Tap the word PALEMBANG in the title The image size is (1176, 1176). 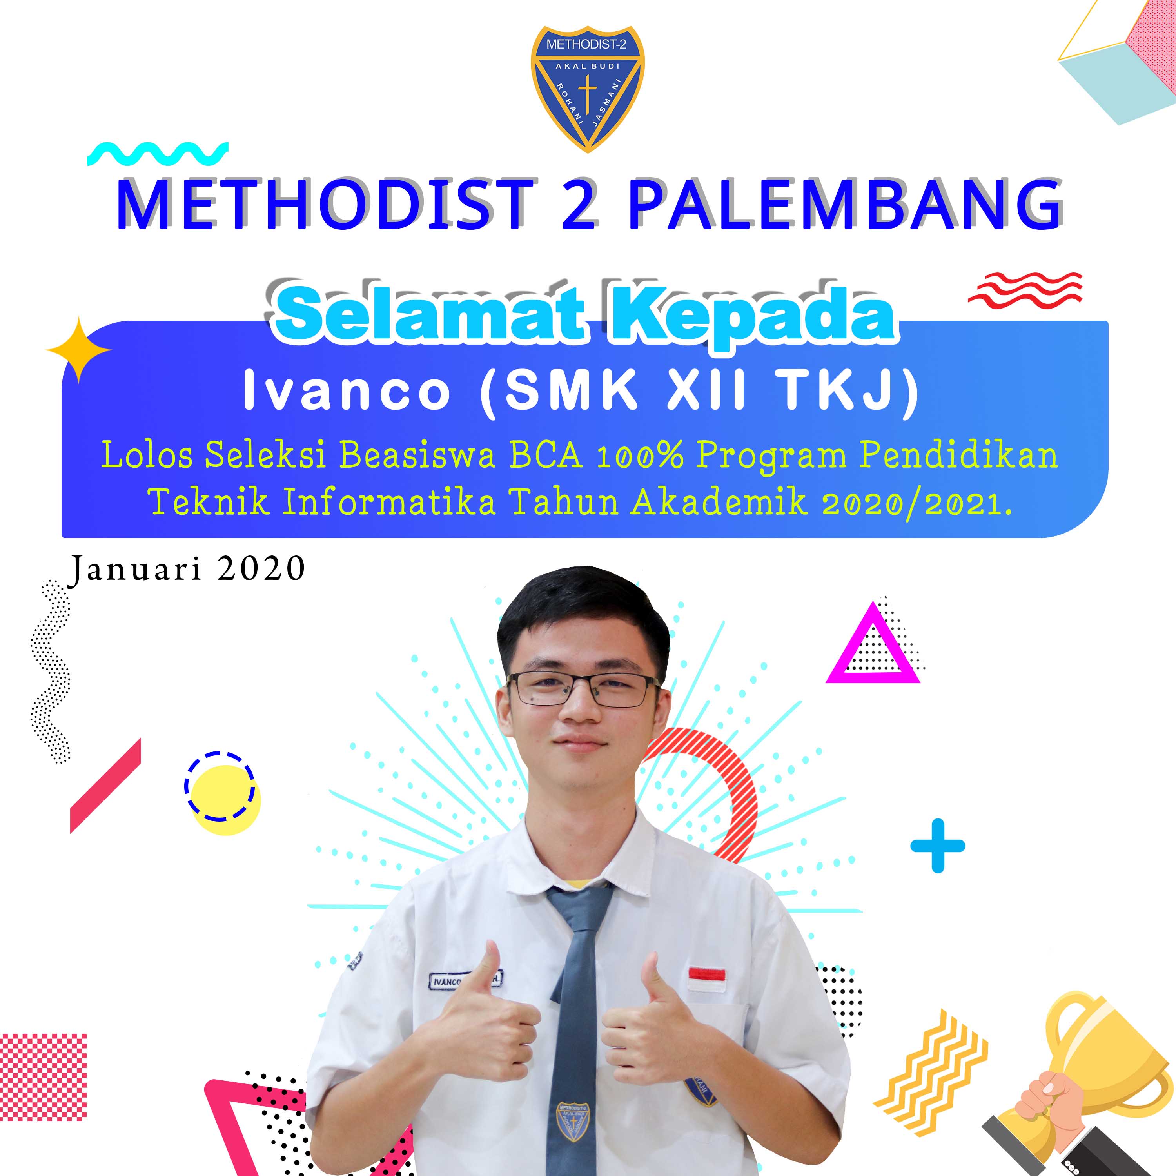[x=846, y=205]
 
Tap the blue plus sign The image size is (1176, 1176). [x=937, y=846]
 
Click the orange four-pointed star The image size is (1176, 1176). [x=78, y=350]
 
